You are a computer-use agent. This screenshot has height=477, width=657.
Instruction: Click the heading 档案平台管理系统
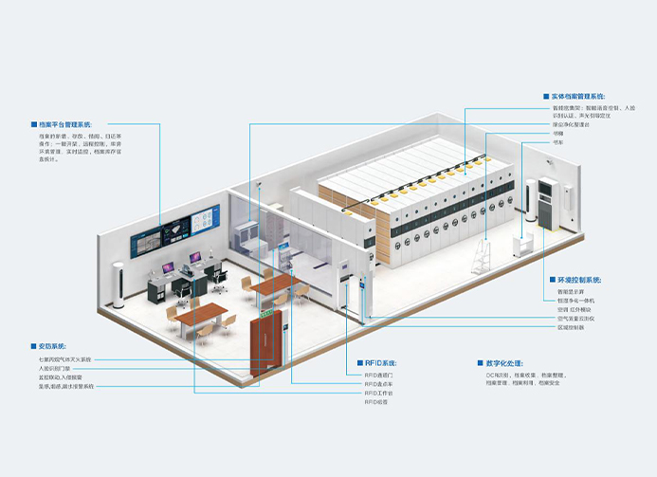pyautogui.click(x=67, y=124)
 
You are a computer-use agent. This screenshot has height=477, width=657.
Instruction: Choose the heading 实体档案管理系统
pyautogui.click(x=577, y=96)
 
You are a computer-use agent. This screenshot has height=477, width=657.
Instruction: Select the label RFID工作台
pyautogui.click(x=379, y=393)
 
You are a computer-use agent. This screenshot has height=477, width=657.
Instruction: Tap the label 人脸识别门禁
pyautogui.click(x=56, y=368)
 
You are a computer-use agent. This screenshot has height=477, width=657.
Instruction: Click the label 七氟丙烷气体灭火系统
pyautogui.click(x=66, y=359)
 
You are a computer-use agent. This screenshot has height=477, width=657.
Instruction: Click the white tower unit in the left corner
pyautogui.click(x=119, y=284)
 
